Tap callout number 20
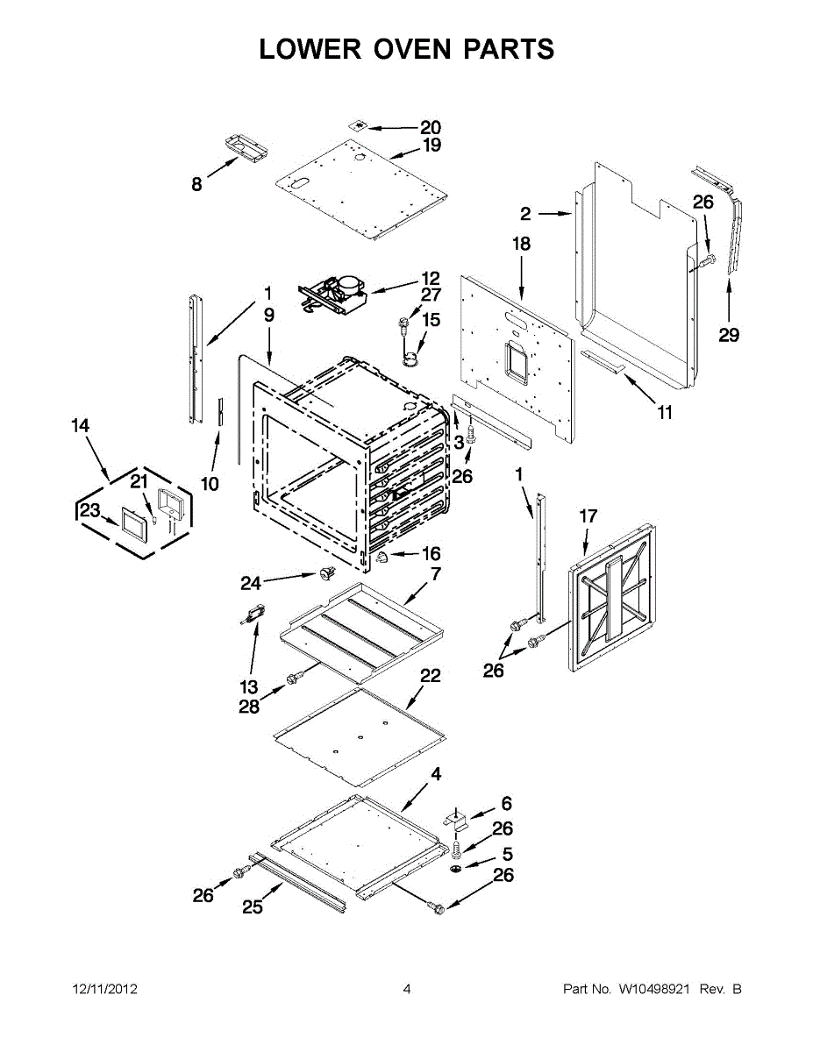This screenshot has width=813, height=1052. point(430,127)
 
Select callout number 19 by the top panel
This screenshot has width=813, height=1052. point(431,146)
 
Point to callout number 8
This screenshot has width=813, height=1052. point(196,184)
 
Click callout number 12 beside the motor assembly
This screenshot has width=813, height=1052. point(430,278)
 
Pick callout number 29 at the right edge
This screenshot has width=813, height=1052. point(729,335)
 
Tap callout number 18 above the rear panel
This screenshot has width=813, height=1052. point(522,244)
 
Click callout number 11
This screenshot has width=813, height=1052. point(665,412)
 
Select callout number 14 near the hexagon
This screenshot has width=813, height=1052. point(80,426)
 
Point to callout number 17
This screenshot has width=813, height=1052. point(588,516)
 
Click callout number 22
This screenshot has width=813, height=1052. point(430,676)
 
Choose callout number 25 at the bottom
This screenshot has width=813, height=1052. point(253,908)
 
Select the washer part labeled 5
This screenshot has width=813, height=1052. point(459,868)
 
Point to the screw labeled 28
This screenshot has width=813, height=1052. point(296,678)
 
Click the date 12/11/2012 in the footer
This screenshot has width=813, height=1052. point(104,990)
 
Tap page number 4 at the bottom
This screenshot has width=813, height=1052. point(407,990)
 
